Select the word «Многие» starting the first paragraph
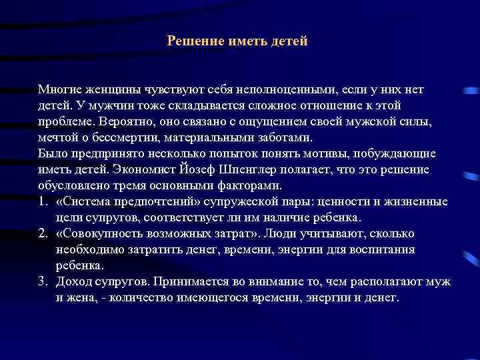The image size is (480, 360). [x=59, y=89]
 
